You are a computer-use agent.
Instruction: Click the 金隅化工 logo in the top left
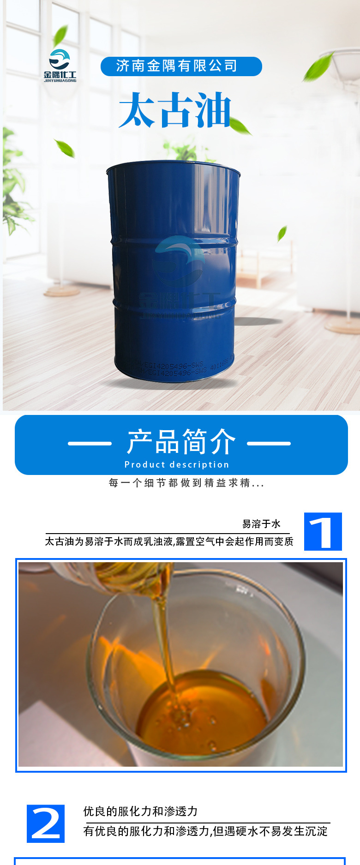[60, 66]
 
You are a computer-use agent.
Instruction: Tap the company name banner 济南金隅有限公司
[181, 66]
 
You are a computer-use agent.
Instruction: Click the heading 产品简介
[181, 441]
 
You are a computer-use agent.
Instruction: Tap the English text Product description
[177, 464]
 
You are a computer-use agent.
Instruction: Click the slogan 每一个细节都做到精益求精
[186, 483]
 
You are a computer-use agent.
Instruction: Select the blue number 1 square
[323, 531]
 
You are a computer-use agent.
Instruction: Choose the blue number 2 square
[46, 823]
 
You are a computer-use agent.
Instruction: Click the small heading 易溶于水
[261, 524]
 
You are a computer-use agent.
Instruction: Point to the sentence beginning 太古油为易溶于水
[169, 541]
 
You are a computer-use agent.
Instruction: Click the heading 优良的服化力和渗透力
[140, 811]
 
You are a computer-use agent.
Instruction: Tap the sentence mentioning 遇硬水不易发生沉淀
[205, 831]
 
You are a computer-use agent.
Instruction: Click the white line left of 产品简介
[90, 444]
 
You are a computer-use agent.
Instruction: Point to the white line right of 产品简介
[269, 444]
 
